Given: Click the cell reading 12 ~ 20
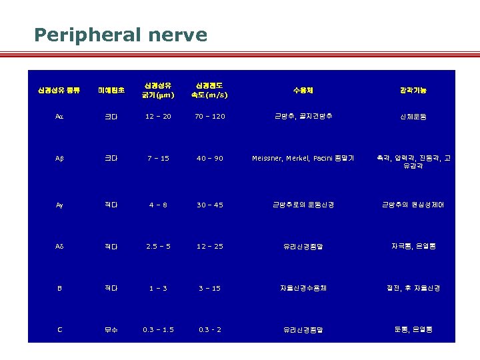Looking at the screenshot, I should pyautogui.click(x=158, y=117).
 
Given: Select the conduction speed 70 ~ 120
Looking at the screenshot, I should pyautogui.click(x=210, y=117).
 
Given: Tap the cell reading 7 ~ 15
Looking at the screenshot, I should pyautogui.click(x=158, y=159).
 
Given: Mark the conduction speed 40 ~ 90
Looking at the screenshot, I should pyautogui.click(x=210, y=159).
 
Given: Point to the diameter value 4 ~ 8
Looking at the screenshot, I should pyautogui.click(x=158, y=205).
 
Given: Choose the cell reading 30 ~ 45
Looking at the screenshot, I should pyautogui.click(x=210, y=205).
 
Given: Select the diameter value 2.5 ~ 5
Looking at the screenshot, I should pyautogui.click(x=158, y=247).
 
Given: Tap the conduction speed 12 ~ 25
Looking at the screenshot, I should pyautogui.click(x=210, y=247).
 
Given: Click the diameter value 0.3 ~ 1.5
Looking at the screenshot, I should pyautogui.click(x=158, y=329).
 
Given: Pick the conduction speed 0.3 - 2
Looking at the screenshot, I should pyautogui.click(x=210, y=329).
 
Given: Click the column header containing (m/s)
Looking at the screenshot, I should pyautogui.click(x=210, y=95).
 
